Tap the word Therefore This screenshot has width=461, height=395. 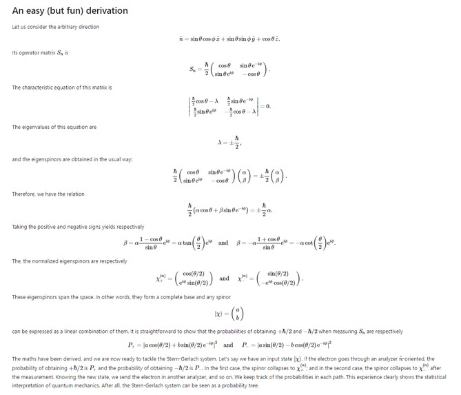pyautogui.click(x=23, y=194)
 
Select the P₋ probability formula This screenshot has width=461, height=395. pyautogui.click(x=289, y=345)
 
